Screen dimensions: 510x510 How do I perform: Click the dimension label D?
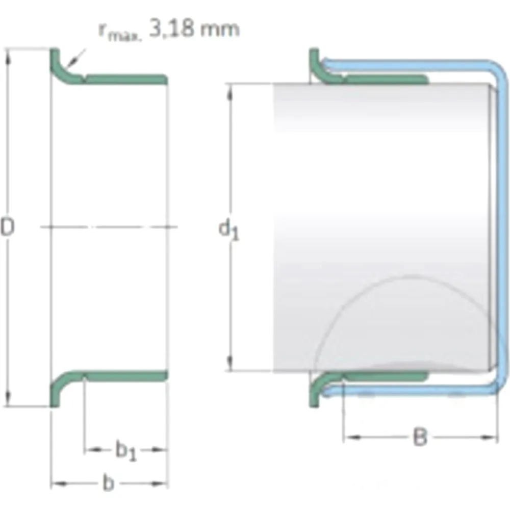pyautogui.click(x=7, y=227)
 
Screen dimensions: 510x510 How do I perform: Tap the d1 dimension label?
pyautogui.click(x=228, y=229)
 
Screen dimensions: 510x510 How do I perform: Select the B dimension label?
pyautogui.click(x=420, y=437)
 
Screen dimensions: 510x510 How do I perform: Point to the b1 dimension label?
pyautogui.click(x=126, y=450)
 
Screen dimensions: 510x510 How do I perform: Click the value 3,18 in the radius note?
pyautogui.click(x=171, y=29)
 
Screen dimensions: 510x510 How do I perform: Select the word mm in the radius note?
pyautogui.click(x=220, y=30)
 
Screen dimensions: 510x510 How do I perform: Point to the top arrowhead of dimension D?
pyautogui.click(x=8, y=58)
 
